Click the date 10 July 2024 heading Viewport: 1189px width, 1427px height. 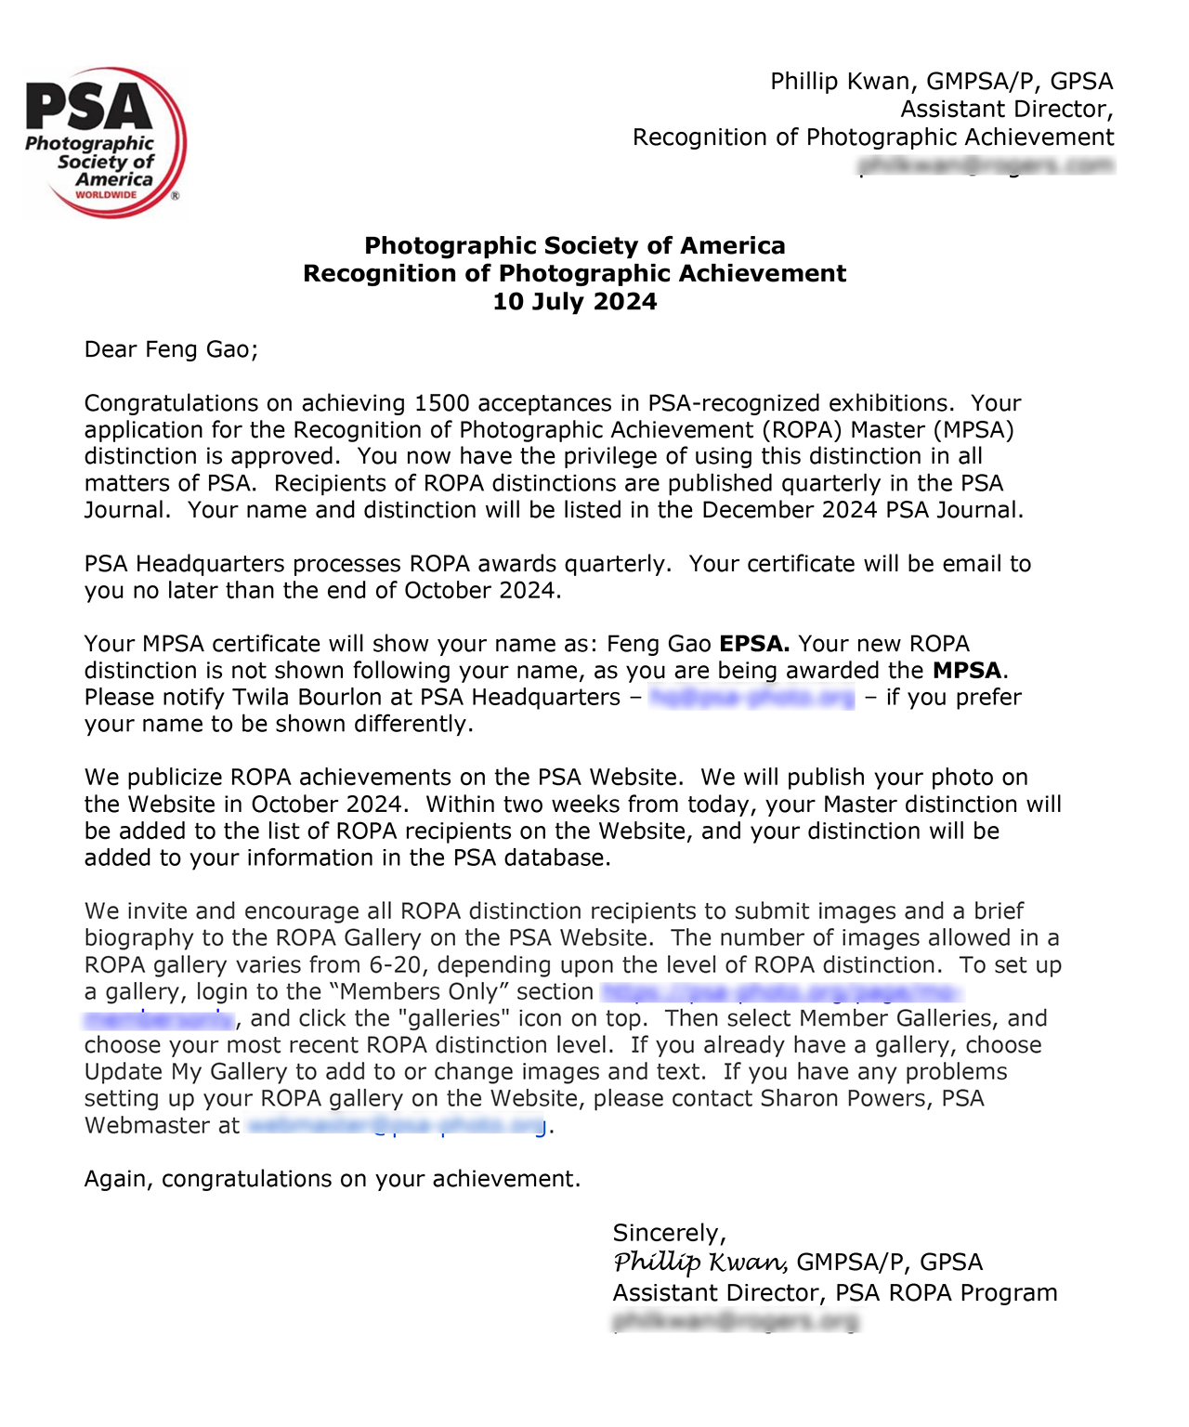tap(574, 302)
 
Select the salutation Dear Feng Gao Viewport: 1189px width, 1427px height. tap(171, 349)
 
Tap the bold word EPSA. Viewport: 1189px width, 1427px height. tap(754, 644)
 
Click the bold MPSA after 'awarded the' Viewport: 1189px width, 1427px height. tap(967, 671)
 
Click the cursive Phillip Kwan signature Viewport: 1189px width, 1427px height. tap(700, 1262)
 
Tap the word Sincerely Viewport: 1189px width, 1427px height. tap(669, 1233)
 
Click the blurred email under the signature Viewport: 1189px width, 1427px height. tap(736, 1320)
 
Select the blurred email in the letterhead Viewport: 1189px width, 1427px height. tap(986, 165)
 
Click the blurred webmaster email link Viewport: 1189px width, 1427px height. tap(398, 1126)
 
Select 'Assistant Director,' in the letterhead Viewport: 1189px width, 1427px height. tap(1007, 110)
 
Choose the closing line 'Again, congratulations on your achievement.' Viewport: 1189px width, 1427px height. tap(332, 1179)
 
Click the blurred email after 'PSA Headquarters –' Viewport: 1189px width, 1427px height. tap(751, 698)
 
